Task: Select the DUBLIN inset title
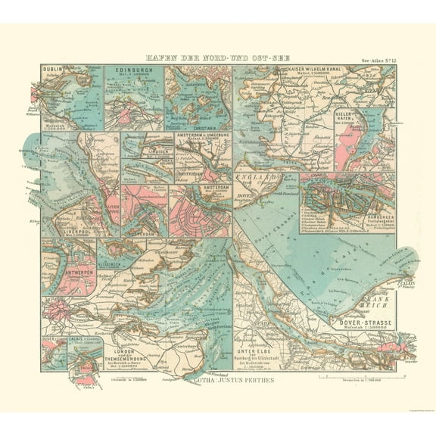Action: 53,70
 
